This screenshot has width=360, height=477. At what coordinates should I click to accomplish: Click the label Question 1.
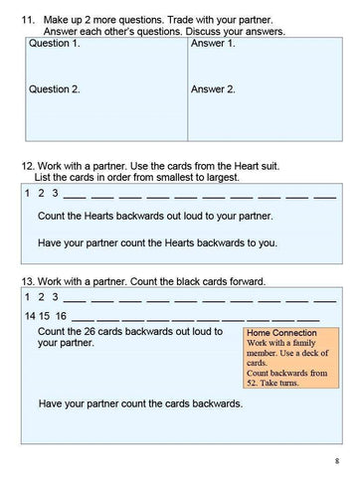pos(55,45)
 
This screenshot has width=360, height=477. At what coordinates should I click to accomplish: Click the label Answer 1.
pos(213,45)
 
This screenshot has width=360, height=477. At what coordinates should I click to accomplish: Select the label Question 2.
pos(55,88)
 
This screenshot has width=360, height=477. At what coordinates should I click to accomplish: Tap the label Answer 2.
pos(213,88)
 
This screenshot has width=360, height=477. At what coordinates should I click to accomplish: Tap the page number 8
pos(337,459)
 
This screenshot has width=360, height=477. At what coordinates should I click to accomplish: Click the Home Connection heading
pos(283,333)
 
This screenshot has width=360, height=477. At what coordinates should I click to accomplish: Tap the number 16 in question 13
pos(61,315)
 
